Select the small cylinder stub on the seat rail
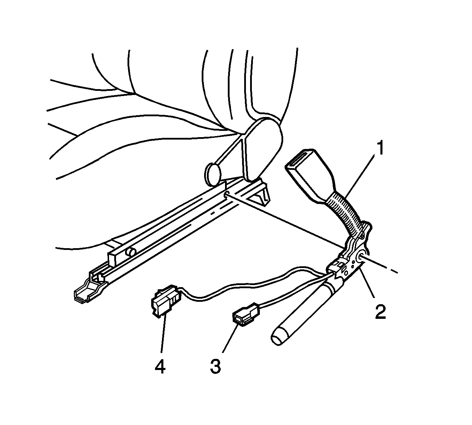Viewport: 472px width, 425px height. (131, 252)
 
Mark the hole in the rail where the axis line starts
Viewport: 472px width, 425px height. (227, 194)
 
